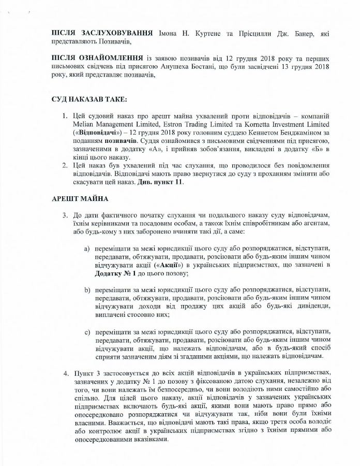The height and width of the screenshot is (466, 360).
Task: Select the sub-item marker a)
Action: [x=87, y=249]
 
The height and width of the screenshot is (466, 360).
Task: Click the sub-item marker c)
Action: [x=87, y=331]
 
